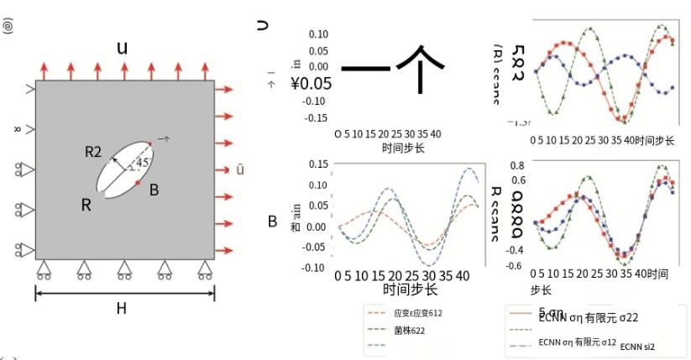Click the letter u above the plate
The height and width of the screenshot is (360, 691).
123,48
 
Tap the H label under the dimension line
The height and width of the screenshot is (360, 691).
122,309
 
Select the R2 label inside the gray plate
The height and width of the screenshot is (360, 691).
93,151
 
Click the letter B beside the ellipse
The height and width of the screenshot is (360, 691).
154,190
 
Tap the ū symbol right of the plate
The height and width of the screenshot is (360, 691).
240,171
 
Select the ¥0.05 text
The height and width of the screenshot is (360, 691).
311,83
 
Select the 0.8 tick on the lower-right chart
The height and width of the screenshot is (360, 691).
516,165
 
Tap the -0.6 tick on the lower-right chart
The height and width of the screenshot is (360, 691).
514,265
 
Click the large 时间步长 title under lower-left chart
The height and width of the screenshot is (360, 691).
411,290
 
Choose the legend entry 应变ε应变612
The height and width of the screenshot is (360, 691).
416,313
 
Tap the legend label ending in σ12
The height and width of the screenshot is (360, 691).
578,342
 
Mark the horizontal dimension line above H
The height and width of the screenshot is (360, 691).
124,292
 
